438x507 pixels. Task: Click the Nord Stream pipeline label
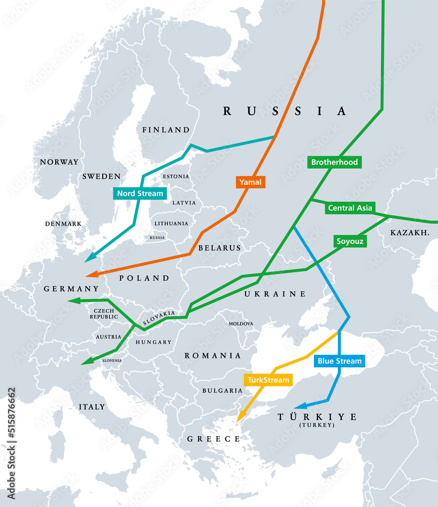pyautogui.click(x=140, y=193)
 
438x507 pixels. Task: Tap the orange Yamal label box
pyautogui.click(x=251, y=182)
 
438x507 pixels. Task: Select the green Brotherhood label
pyautogui.click(x=334, y=162)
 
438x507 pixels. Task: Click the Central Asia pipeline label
pyautogui.click(x=350, y=207)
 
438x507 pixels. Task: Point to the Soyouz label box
pyautogui.click(x=350, y=241)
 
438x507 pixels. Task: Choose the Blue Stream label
pyautogui.click(x=339, y=361)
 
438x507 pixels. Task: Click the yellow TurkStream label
pyautogui.click(x=268, y=380)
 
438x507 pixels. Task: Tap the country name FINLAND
pyautogui.click(x=166, y=130)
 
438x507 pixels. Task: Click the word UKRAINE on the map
pyautogui.click(x=275, y=294)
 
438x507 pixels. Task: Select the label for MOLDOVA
pyautogui.click(x=241, y=323)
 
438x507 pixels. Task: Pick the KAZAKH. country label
pyautogui.click(x=410, y=233)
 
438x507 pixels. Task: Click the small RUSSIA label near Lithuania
pyautogui.click(x=157, y=237)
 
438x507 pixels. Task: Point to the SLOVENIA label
pyautogui.click(x=111, y=360)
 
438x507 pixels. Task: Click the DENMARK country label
pyautogui.click(x=63, y=224)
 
